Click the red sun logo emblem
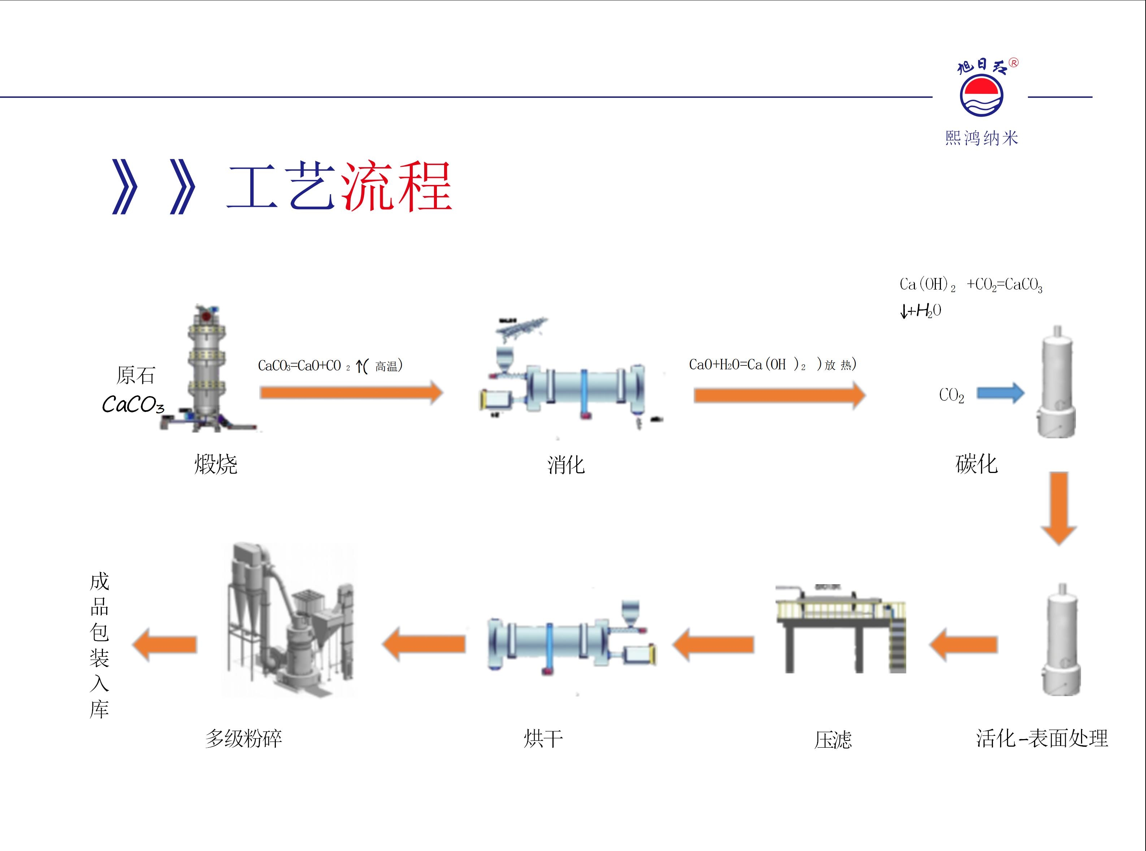coord(981,94)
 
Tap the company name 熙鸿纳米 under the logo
coord(981,138)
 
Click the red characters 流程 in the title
coord(396,186)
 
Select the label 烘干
coord(543,739)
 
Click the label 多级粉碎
coord(244,738)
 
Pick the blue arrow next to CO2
coord(1000,394)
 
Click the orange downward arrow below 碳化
coord(1058,507)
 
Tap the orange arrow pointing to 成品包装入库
coord(165,644)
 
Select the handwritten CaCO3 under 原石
coord(133,404)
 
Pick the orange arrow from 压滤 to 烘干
coord(713,644)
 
